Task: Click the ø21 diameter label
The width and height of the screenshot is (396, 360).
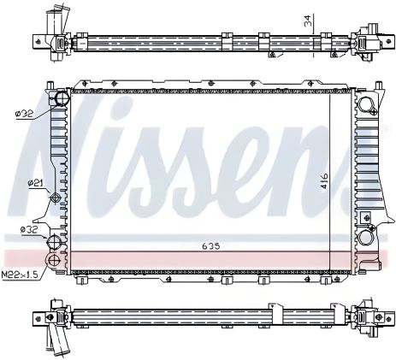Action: [35, 182]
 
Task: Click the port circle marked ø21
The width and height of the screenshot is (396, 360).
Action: [57, 198]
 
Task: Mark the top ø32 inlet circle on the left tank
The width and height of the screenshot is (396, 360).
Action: [59, 100]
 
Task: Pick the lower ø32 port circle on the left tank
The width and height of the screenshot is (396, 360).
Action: [57, 239]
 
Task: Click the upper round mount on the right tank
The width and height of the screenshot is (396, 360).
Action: [367, 105]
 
